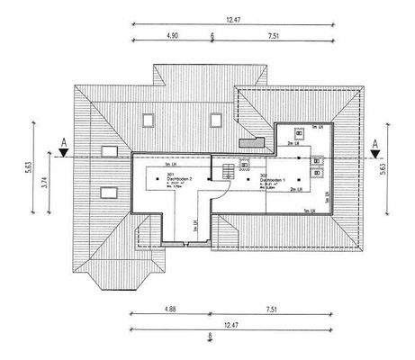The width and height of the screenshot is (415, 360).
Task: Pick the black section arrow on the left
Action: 62,153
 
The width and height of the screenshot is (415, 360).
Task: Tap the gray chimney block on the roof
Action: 248,141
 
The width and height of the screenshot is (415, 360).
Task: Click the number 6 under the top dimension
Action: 212,38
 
